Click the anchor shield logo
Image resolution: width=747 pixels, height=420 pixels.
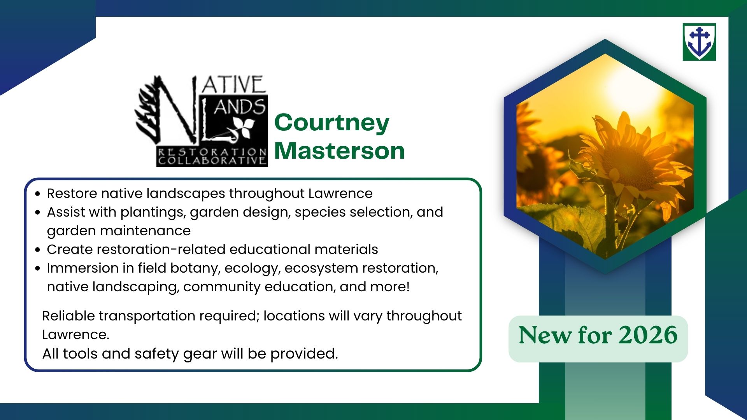click(x=699, y=42)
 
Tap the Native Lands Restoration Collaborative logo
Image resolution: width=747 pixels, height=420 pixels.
click(x=201, y=121)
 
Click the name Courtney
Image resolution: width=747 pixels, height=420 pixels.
click(x=332, y=122)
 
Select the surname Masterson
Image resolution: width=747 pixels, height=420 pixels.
click(x=340, y=150)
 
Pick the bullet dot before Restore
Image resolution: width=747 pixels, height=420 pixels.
click(x=37, y=193)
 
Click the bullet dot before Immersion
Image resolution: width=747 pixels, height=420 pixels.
click(x=37, y=268)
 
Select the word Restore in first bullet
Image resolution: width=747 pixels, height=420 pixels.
click(x=72, y=193)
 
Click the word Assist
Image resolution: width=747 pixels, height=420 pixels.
click(x=67, y=212)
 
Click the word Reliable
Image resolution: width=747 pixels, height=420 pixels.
click(x=68, y=316)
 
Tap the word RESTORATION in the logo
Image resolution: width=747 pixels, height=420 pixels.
click(x=212, y=152)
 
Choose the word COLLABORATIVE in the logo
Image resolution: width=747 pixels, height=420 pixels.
click(x=212, y=161)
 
